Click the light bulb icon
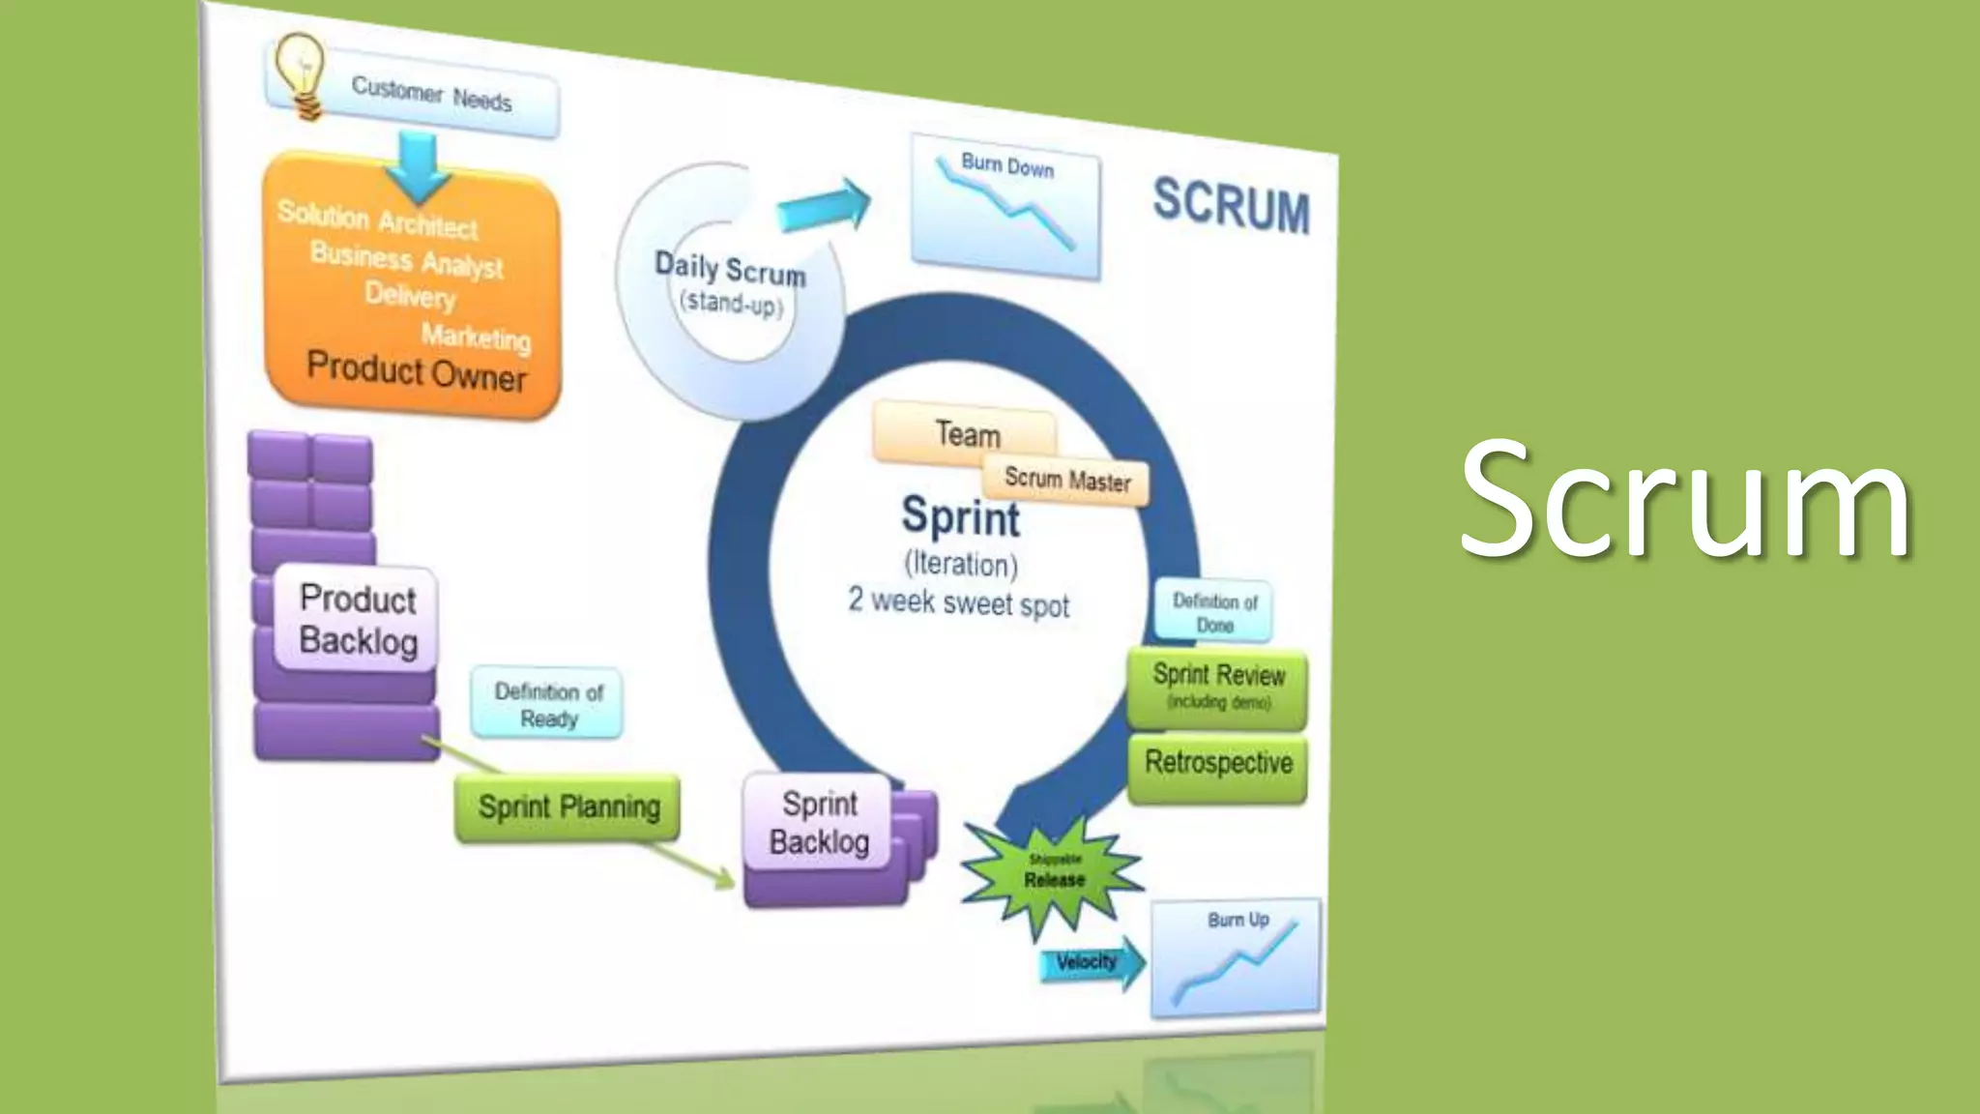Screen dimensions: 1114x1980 coord(300,74)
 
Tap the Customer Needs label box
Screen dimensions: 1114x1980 coord(431,98)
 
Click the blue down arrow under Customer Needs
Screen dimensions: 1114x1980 coord(417,166)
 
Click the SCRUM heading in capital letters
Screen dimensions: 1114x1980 coord(1231,205)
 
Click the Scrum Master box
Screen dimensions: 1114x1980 coord(1066,480)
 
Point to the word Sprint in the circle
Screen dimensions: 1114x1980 coord(960,517)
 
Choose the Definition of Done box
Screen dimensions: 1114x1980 coord(1214,612)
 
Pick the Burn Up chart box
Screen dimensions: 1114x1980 coord(1236,957)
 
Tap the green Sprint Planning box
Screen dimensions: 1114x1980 coord(568,807)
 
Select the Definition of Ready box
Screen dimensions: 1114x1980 coord(547,705)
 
